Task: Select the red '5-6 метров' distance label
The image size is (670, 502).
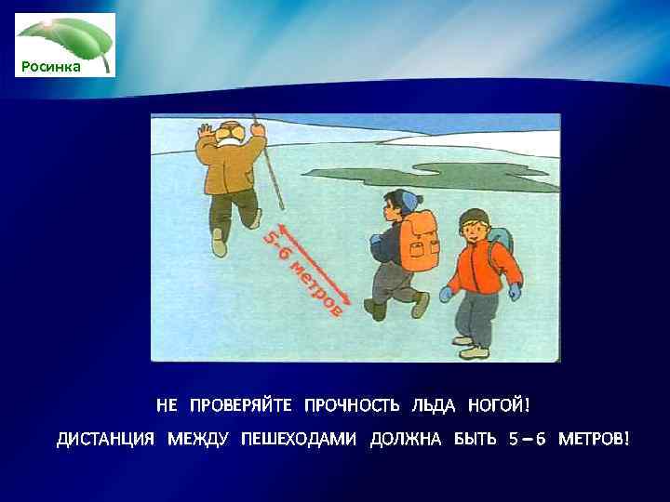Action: (303, 271)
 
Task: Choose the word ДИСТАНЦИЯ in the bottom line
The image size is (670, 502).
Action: (106, 439)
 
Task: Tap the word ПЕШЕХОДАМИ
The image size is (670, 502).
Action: (299, 439)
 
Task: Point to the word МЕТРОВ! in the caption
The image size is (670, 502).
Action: (594, 439)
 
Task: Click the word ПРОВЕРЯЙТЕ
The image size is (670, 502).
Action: (240, 405)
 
